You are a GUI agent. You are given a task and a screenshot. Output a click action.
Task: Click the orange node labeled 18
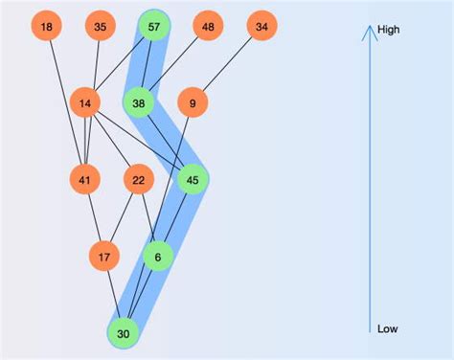click(x=47, y=27)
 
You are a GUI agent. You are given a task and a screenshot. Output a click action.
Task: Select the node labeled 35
click(x=101, y=27)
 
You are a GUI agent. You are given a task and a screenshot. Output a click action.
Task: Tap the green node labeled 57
click(x=154, y=27)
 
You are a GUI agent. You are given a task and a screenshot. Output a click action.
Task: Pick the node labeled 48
click(x=208, y=27)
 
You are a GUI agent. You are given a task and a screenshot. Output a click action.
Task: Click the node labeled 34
click(x=261, y=27)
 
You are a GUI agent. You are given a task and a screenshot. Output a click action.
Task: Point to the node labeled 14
click(x=85, y=103)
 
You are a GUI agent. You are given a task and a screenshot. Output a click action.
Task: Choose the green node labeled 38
click(x=139, y=103)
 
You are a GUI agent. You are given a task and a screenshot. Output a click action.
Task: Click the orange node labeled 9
click(x=193, y=103)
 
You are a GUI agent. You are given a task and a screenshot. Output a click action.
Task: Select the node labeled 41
click(x=85, y=180)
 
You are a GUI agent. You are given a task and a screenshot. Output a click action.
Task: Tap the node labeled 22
click(x=139, y=180)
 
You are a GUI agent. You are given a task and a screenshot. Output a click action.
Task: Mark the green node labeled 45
click(x=193, y=180)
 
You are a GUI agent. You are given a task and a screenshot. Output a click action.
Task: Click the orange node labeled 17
click(x=104, y=257)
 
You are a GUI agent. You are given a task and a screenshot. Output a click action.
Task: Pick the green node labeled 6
click(x=158, y=257)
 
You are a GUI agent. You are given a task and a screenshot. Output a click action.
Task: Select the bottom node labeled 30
click(x=124, y=333)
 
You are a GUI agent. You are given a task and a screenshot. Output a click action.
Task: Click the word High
click(x=389, y=30)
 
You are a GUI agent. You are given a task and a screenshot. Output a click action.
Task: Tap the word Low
click(x=387, y=328)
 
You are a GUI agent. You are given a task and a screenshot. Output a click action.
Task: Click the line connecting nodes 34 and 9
click(x=227, y=65)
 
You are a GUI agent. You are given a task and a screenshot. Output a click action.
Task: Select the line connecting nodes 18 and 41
click(x=66, y=103)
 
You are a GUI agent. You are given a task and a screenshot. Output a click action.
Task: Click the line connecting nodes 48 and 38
click(x=173, y=65)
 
